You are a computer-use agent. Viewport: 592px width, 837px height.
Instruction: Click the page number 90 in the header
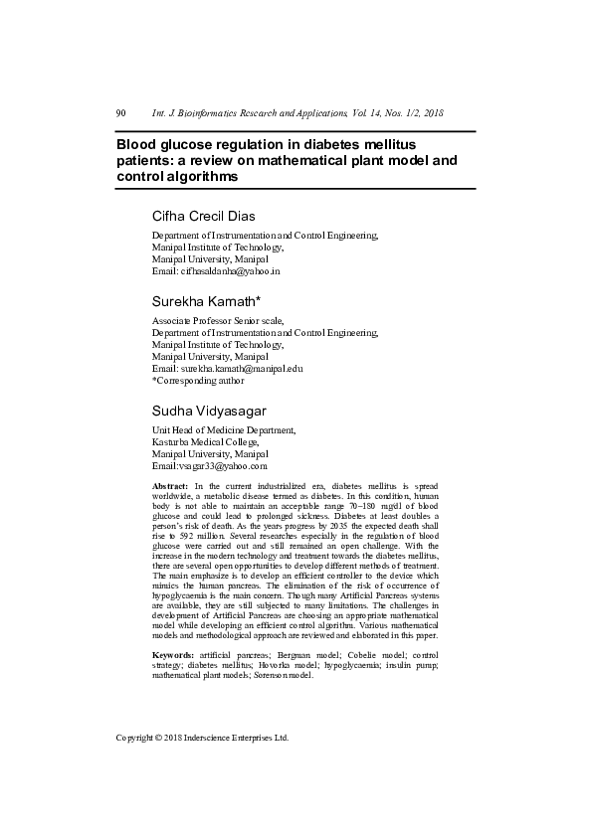(x=121, y=113)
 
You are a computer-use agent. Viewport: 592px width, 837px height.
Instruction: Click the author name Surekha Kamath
(x=206, y=301)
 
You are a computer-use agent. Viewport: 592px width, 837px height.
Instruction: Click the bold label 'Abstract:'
(x=170, y=484)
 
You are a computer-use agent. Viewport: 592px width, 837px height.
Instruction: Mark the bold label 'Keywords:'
(x=173, y=655)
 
